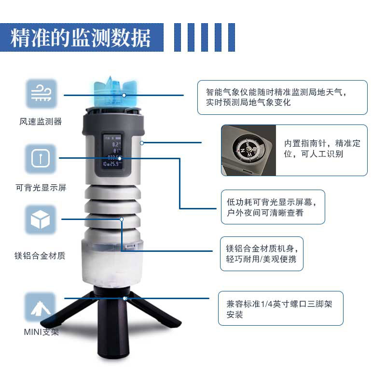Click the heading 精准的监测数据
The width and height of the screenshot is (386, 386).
[81, 38]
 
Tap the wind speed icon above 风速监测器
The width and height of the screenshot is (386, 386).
[41, 94]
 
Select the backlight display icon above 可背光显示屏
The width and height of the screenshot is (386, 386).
[41, 159]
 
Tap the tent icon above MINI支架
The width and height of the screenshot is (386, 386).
[41, 307]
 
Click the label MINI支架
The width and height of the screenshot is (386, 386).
[41, 332]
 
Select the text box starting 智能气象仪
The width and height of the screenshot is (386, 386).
[282, 97]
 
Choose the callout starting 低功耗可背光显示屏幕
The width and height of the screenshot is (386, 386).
[273, 207]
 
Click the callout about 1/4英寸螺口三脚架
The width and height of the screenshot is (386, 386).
[280, 309]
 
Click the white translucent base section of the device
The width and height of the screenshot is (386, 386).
[112, 268]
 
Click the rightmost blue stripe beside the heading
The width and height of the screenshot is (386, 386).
[232, 38]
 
